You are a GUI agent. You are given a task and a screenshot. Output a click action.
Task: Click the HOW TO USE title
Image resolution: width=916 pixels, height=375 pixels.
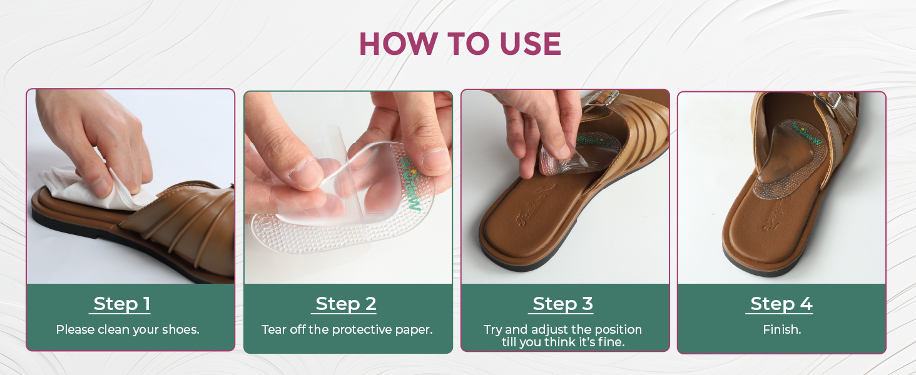(x=459, y=44)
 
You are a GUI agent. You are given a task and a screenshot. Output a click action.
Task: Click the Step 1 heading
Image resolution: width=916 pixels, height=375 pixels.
(x=122, y=304)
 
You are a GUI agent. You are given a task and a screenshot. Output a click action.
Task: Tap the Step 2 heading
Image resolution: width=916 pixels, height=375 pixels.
(x=346, y=304)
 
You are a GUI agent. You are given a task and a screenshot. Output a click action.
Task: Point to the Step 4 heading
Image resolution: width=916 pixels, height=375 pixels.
(x=781, y=304)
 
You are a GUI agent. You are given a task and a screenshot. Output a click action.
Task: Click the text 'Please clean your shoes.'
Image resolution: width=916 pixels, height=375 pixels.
(x=128, y=329)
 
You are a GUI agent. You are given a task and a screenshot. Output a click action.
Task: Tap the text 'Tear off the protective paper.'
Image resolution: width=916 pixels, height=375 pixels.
(x=347, y=329)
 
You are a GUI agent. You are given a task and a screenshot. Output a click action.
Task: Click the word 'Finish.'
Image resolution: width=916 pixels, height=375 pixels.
(x=781, y=329)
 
